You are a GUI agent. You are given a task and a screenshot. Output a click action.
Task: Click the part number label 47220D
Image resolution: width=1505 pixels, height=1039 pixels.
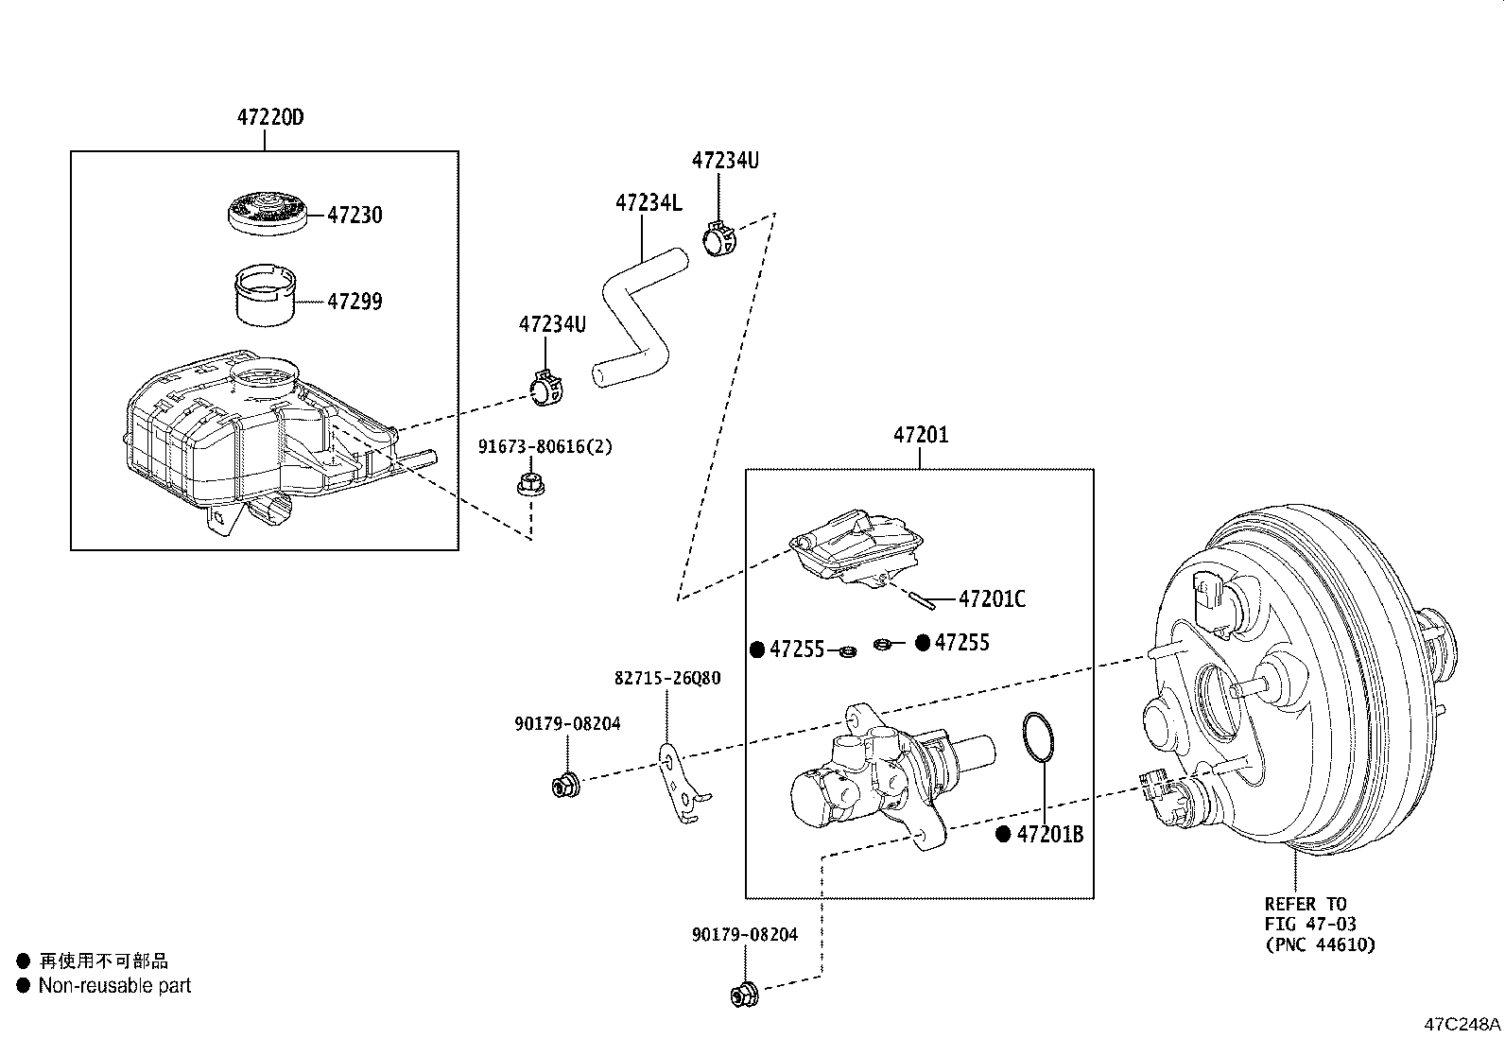[x=270, y=119]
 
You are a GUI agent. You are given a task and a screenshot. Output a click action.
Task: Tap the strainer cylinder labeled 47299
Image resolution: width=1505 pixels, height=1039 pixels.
[x=264, y=296]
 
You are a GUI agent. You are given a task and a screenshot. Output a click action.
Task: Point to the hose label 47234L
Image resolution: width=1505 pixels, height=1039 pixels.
[x=649, y=202]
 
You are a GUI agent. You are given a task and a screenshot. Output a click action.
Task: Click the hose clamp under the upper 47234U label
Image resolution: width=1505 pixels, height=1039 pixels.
[x=721, y=238]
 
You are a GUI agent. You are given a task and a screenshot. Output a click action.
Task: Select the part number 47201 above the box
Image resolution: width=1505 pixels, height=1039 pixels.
[x=921, y=436]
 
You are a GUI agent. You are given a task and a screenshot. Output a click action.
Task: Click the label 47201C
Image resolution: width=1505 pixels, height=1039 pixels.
[x=992, y=599]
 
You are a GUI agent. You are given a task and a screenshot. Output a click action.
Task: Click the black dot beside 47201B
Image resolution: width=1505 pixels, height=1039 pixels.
[x=1003, y=835]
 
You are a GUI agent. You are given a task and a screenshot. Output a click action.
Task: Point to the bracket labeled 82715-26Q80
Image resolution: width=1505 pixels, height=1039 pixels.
[x=681, y=785]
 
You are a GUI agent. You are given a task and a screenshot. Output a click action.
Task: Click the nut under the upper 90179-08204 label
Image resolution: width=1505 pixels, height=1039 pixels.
[x=565, y=784]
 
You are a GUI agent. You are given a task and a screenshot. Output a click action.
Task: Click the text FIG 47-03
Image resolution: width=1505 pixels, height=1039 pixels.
[x=1311, y=924]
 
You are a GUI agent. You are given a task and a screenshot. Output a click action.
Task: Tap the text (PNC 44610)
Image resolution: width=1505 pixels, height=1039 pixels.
[x=1320, y=944]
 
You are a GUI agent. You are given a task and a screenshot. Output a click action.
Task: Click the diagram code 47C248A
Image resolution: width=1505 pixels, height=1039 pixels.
[x=1462, y=1024]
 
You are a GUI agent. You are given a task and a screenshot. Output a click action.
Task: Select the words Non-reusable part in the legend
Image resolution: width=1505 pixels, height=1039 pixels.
[x=114, y=986]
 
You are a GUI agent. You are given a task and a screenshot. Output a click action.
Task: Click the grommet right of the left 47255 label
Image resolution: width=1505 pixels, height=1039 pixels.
[x=848, y=650]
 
